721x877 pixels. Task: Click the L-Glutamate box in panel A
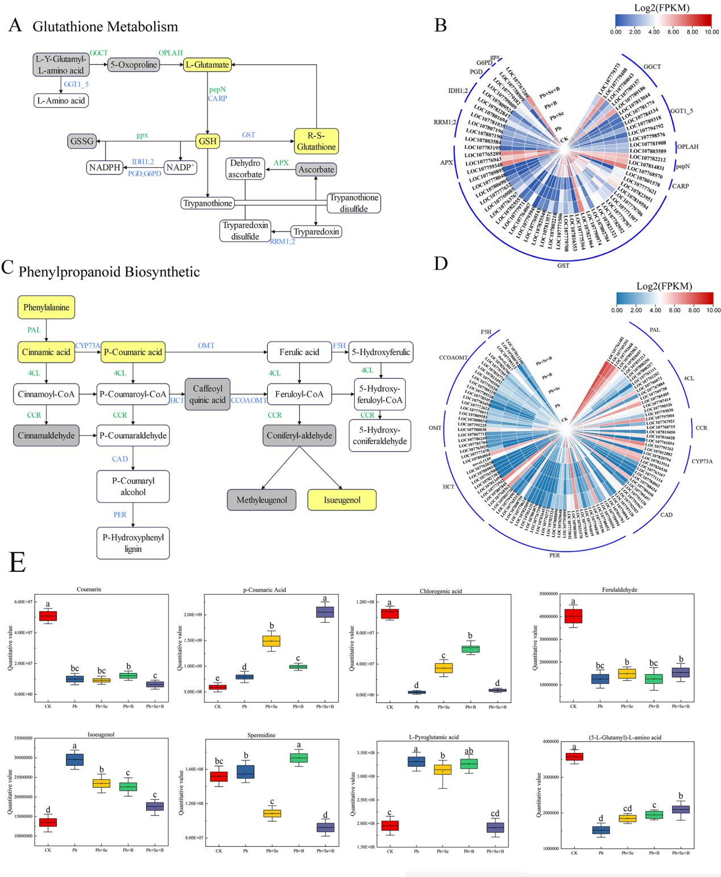pos(206,65)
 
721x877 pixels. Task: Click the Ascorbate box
pos(316,169)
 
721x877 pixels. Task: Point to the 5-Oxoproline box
pos(133,65)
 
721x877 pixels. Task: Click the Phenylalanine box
pos(47,307)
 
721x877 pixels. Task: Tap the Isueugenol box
pos(334,500)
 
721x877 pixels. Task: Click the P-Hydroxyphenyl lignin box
pos(133,543)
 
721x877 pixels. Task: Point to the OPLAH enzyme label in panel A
pos(171,53)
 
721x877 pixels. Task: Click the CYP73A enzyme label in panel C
pos(88,345)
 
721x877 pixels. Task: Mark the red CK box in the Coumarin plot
pos(47,616)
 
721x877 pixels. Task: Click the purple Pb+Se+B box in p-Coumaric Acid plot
pos(325,612)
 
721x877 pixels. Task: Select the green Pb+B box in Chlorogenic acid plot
pos(470,649)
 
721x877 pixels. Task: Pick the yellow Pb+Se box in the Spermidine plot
pos(272,813)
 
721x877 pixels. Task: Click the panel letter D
pos(441,265)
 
